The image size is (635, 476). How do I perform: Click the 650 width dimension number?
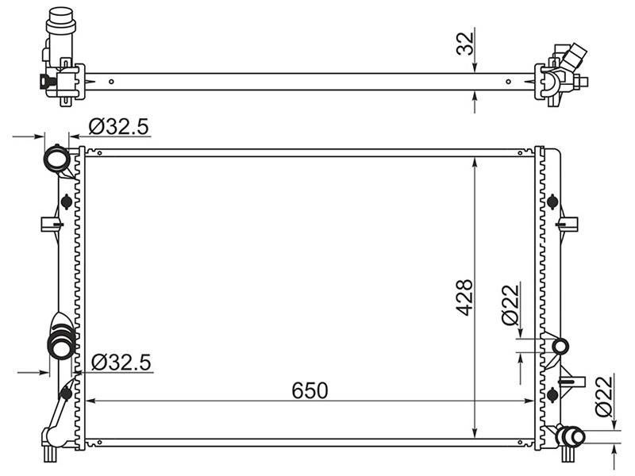tap(310, 390)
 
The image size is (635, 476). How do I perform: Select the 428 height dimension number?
tap(464, 297)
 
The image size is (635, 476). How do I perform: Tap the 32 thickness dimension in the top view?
tap(465, 44)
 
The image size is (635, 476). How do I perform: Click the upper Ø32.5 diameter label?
tap(118, 126)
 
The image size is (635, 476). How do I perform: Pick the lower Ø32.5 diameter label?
tap(121, 362)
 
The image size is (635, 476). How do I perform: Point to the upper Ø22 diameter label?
tap(510, 305)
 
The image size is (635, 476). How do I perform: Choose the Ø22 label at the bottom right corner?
tap(604, 396)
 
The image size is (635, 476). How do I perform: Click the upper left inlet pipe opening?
tap(56, 159)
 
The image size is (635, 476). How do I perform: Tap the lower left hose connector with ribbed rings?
tap(62, 343)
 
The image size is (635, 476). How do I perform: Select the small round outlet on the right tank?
tap(560, 347)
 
